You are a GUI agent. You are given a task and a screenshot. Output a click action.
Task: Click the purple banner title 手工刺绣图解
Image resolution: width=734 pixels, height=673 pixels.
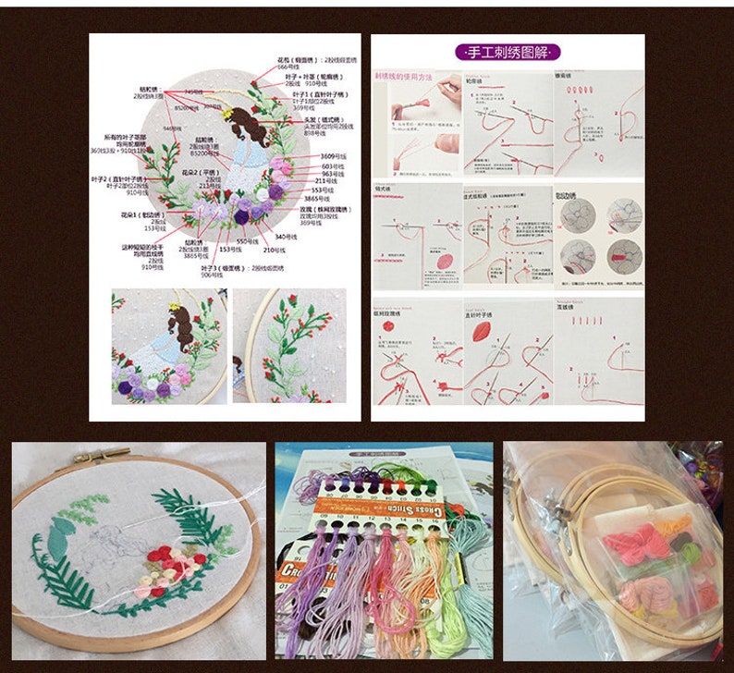tap(508, 53)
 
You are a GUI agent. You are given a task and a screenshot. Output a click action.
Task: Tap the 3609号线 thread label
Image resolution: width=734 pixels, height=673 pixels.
tap(333, 156)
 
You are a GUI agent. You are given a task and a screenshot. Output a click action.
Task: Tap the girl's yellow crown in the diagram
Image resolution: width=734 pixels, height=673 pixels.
tap(225, 113)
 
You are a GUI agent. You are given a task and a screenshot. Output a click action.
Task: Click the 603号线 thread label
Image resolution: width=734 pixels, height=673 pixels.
tap(332, 166)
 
